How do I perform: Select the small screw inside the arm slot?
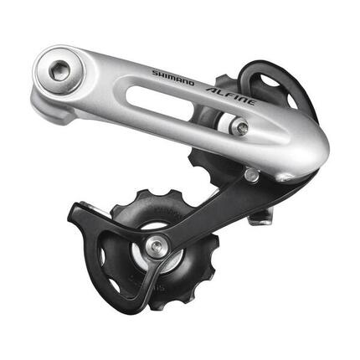pos(241,127)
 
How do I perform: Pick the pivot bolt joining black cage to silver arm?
pos(252,175)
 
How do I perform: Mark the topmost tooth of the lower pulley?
pos(141,193)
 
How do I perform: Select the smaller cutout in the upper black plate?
pos(291,100)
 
